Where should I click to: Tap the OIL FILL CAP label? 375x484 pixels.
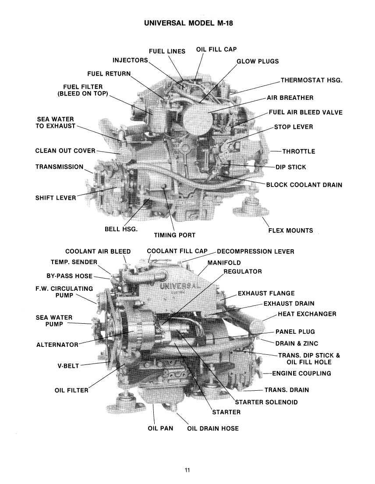[216, 50]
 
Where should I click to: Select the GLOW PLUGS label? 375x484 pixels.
[258, 61]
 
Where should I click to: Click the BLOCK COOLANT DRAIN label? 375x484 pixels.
[304, 185]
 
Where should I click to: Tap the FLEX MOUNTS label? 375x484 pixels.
[290, 230]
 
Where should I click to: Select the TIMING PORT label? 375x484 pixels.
[174, 235]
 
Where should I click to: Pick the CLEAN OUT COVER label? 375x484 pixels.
[65, 151]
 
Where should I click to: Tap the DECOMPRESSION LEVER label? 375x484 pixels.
[255, 251]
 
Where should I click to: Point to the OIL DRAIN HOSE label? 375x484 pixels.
[213, 428]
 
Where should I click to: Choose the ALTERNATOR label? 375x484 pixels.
[57, 345]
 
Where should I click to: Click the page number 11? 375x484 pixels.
[187, 470]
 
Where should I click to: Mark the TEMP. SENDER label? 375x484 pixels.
[74, 261]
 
